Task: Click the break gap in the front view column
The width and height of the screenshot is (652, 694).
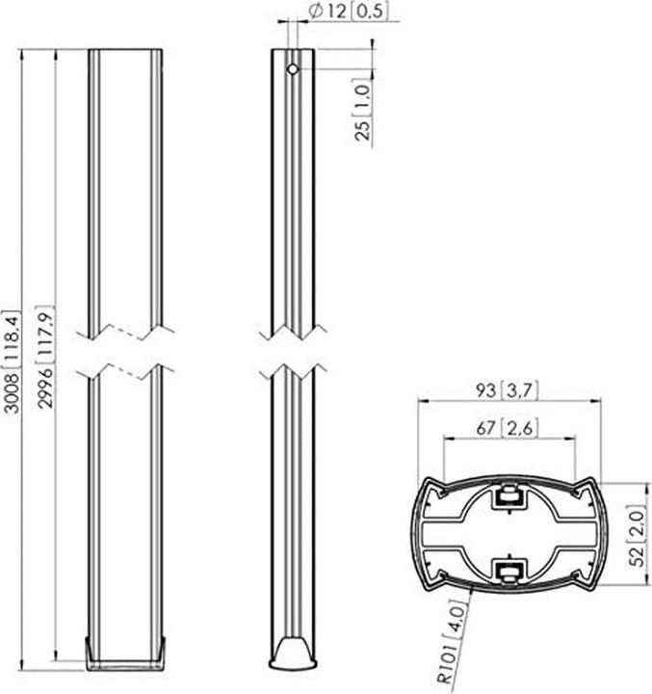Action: pyautogui.click(x=126, y=353)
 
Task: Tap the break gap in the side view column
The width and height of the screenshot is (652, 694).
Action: pyautogui.click(x=292, y=353)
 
